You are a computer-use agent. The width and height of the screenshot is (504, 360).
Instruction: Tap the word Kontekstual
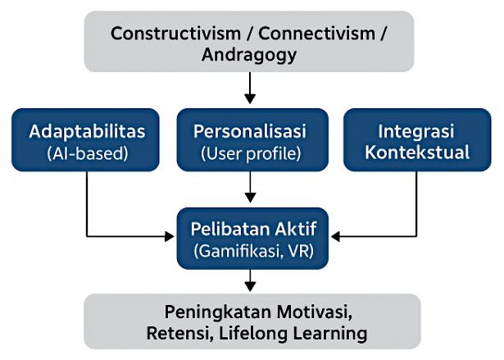(416, 152)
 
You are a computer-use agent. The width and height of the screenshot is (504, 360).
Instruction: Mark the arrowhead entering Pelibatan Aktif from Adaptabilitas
(170, 237)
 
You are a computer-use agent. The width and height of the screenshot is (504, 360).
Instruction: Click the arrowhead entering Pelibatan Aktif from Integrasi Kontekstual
(334, 237)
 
